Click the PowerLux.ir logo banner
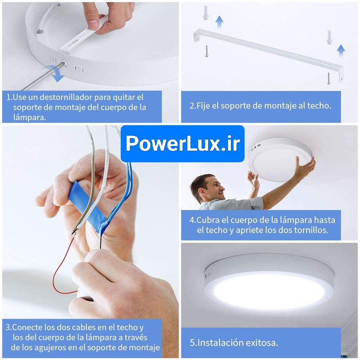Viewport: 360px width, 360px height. (x=182, y=144)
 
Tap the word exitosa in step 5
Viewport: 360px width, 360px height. (x=262, y=343)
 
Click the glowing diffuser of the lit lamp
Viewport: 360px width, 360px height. (x=269, y=290)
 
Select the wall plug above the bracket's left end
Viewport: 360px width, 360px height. (x=205, y=12)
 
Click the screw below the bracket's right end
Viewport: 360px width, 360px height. (x=328, y=78)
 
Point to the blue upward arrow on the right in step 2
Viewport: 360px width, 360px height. (x=341, y=51)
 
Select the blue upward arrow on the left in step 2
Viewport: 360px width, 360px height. (x=219, y=22)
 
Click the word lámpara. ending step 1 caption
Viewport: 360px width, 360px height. (x=30, y=117)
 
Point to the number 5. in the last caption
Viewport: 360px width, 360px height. (x=193, y=343)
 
